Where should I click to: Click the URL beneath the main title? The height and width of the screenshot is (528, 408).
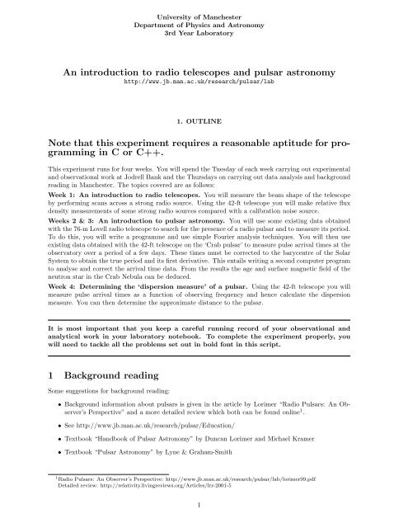(x=204, y=83)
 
